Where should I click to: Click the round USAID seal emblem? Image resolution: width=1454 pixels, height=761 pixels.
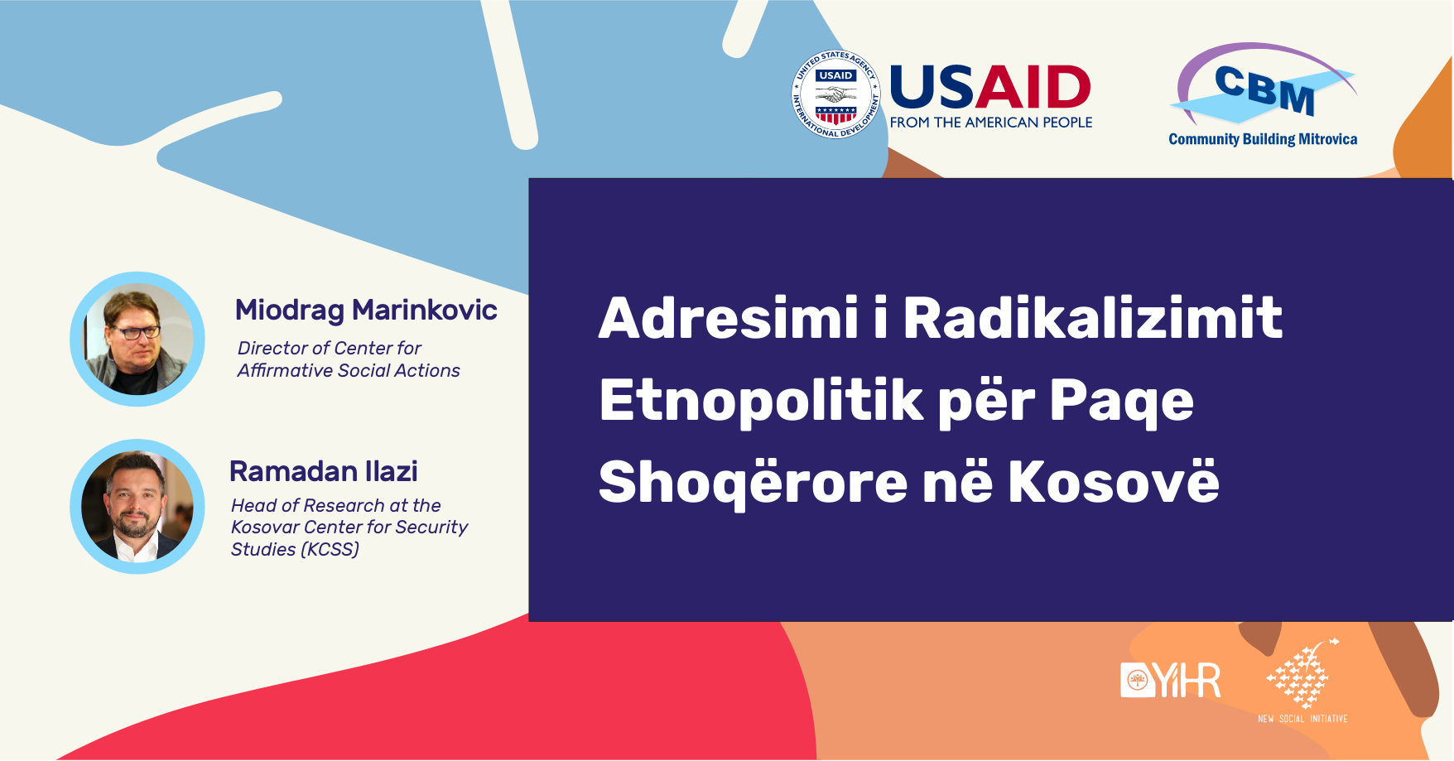[x=835, y=94]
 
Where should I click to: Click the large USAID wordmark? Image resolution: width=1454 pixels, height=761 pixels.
[x=990, y=88]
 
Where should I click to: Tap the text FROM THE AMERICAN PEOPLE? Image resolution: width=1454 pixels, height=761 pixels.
[x=991, y=123]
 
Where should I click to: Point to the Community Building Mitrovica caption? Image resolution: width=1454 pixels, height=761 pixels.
[x=1263, y=139]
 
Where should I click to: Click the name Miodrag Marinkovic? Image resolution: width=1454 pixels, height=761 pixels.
[x=366, y=310]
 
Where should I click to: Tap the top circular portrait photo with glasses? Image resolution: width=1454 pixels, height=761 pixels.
[x=137, y=339]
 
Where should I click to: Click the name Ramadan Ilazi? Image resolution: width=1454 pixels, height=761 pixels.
[x=324, y=471]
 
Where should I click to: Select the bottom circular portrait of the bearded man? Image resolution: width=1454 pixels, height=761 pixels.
[x=137, y=506]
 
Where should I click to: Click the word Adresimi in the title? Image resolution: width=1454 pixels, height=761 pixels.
[x=729, y=318]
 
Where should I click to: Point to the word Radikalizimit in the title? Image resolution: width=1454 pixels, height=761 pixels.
[x=1093, y=318]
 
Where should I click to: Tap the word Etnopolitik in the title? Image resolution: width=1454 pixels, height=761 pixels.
[x=761, y=401]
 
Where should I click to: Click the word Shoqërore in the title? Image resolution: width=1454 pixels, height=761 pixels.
[x=753, y=482]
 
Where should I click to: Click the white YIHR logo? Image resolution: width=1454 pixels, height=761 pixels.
[x=1170, y=680]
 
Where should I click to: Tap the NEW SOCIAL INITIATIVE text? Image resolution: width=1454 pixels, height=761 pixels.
[x=1302, y=719]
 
